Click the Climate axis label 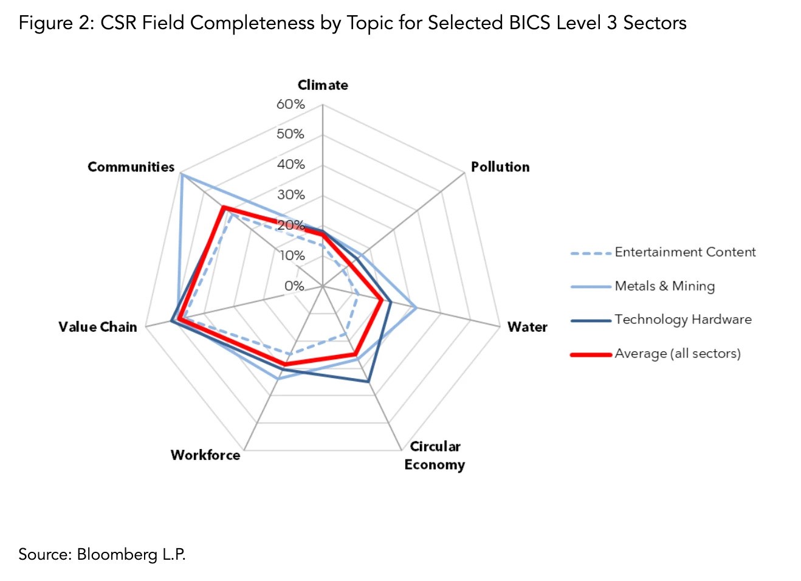[323, 85]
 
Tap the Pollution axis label [500, 167]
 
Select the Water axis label [527, 327]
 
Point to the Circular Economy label [435, 455]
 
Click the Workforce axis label [205, 455]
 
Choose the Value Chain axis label [98, 327]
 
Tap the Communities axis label [131, 167]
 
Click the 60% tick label [290, 104]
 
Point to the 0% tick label [294, 286]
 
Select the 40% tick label [290, 164]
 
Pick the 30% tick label [290, 194]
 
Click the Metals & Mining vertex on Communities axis [182, 175]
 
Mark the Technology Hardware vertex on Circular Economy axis [368, 382]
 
